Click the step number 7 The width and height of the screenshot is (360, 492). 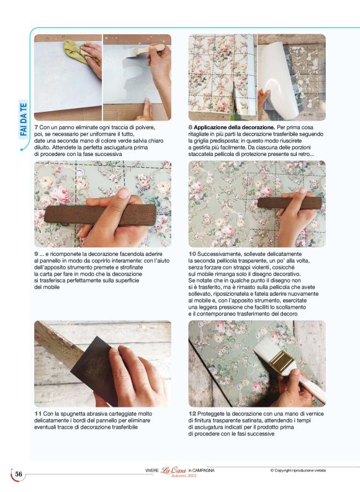point(36,127)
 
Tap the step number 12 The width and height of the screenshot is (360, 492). point(192,414)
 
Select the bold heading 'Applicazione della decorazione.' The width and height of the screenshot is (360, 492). point(235,127)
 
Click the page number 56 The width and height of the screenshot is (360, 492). point(19,474)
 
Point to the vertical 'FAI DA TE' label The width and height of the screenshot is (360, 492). point(24,119)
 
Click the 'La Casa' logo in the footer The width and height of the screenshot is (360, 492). point(174,470)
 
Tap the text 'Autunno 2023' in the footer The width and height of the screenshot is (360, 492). point(184,476)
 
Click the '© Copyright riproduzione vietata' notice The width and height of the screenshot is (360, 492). point(298,470)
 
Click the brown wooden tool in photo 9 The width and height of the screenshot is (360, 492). point(101,215)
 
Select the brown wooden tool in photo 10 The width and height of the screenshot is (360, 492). point(289,203)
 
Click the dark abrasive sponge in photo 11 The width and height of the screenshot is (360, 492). point(94,370)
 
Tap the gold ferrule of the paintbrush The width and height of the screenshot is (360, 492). point(282,362)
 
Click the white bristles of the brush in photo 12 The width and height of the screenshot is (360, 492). point(266,350)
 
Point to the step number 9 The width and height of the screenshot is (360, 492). point(36,254)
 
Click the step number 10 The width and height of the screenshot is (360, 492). point(192,254)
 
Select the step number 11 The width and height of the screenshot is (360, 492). point(38,414)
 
